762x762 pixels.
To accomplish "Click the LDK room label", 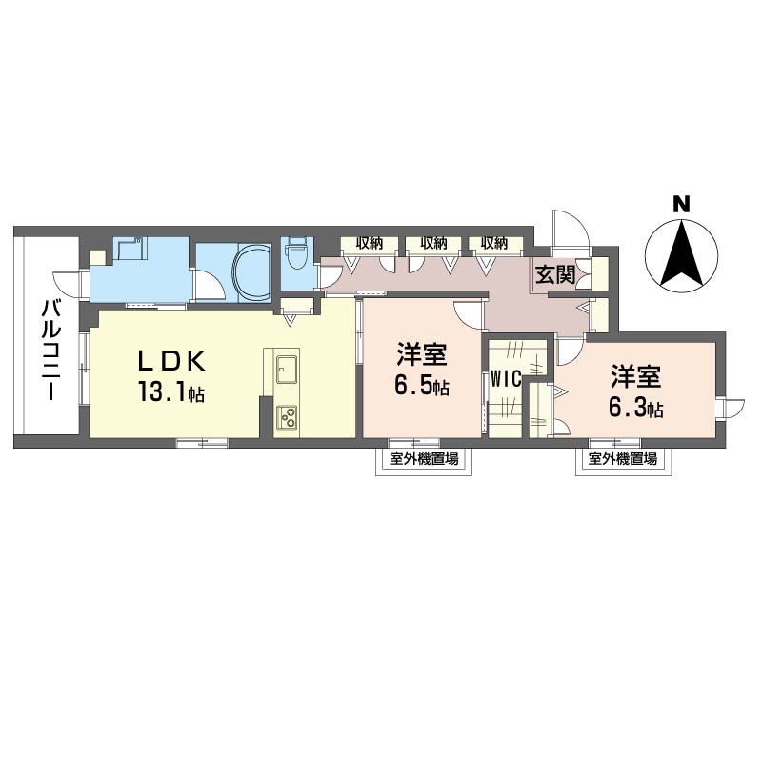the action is tap(171, 361).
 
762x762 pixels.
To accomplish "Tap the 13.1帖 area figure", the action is tap(171, 391).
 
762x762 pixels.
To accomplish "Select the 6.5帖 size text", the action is tap(422, 386).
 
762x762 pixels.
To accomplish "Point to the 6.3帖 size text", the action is tap(636, 409).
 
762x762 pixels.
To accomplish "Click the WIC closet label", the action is tap(506, 378).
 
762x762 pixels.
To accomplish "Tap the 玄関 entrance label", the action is tap(555, 275).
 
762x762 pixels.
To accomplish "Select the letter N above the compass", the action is tap(681, 205).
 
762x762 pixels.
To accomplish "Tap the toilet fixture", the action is tap(295, 252).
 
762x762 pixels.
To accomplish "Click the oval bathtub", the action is tap(251, 272).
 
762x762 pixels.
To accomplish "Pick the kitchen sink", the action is tap(287, 370).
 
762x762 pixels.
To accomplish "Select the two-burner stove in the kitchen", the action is tap(287, 417).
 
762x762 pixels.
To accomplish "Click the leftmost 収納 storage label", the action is tap(370, 243).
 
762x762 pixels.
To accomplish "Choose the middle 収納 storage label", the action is tap(434, 243).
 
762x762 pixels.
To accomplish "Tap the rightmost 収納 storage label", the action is tap(494, 243).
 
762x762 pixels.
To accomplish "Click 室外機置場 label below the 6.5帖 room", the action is tap(424, 459).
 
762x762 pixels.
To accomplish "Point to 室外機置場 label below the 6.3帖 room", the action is tap(623, 459).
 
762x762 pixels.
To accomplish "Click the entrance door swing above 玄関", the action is tap(571, 230).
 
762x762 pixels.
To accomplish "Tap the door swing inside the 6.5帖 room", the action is tap(470, 317).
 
